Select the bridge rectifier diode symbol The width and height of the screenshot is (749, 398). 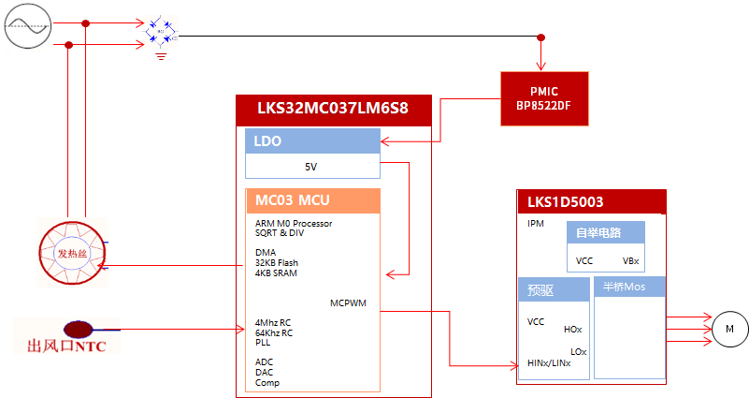click(161, 36)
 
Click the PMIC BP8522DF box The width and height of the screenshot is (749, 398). click(543, 98)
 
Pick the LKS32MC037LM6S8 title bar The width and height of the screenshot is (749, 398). click(333, 108)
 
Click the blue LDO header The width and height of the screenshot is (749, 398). click(312, 141)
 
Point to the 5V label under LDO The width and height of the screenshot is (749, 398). click(311, 167)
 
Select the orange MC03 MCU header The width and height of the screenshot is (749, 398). click(312, 200)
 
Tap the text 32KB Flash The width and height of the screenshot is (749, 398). click(277, 263)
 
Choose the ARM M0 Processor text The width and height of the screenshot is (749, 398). click(294, 223)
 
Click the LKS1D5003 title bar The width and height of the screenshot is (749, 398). click(590, 200)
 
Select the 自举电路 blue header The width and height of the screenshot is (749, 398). click(606, 232)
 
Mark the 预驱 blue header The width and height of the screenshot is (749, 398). click(554, 290)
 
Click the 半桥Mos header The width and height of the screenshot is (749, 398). click(629, 287)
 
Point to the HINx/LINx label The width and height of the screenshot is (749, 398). click(549, 362)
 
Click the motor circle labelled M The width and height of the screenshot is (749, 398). click(729, 328)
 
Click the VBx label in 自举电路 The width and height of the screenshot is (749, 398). click(630, 261)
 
